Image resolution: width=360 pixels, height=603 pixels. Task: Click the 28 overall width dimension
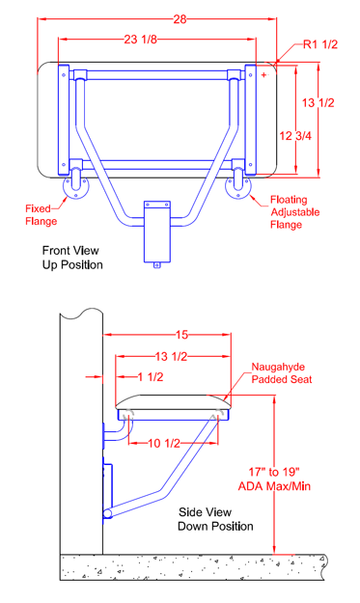tap(180, 19)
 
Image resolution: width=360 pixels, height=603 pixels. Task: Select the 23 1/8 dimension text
tap(140, 40)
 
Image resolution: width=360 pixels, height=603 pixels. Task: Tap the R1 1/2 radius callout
tap(320, 44)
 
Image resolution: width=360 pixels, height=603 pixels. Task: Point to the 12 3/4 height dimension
tap(295, 136)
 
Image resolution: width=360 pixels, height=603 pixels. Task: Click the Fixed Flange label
tap(42, 215)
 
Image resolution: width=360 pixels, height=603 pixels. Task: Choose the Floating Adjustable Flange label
tap(294, 212)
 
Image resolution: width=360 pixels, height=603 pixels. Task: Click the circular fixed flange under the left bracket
tap(75, 187)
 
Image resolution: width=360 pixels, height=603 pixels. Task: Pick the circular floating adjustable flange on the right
tap(238, 187)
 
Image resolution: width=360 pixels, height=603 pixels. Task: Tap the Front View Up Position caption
tap(72, 258)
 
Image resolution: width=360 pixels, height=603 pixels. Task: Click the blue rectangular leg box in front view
tap(157, 232)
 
